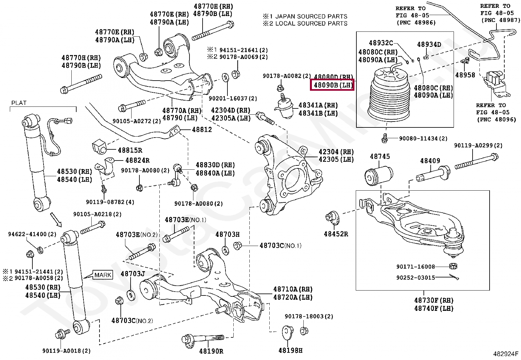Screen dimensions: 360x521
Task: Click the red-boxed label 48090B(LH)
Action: [x=332, y=85]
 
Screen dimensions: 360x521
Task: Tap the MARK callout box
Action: [x=103, y=275]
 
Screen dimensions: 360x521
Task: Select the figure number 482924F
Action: [x=506, y=354]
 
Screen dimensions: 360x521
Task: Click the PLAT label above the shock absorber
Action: [x=19, y=103]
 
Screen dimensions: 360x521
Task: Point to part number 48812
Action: [x=202, y=130]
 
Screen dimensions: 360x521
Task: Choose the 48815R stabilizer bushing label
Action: [x=130, y=150]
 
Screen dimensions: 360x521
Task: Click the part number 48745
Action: [x=380, y=157]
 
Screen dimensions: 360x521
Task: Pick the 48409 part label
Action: [x=430, y=161]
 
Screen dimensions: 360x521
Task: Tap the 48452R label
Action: [x=336, y=234]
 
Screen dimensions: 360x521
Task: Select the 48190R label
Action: [x=211, y=351]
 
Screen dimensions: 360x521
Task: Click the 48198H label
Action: [x=290, y=351]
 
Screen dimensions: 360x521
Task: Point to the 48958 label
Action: [x=465, y=75]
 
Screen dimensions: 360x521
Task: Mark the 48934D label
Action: [x=429, y=45]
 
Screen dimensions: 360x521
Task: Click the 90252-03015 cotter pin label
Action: [x=416, y=278]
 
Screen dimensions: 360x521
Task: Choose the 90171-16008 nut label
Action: [x=416, y=267]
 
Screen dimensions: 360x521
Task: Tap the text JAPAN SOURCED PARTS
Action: [x=311, y=16]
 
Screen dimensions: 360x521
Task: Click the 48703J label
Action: [x=133, y=274]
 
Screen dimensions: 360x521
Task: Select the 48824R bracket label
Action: [x=137, y=160]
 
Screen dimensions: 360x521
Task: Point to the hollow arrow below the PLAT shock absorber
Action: [x=56, y=219]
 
